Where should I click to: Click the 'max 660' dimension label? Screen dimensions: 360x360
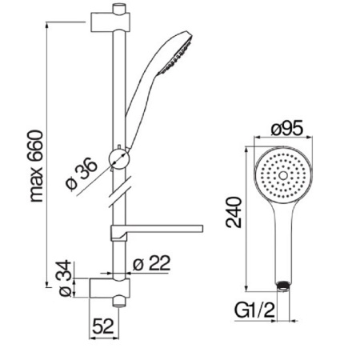[35, 166]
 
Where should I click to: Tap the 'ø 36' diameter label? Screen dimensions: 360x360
[82, 174]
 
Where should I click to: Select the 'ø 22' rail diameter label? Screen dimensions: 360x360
[151, 263]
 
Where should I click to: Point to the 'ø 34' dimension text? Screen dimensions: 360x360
[65, 278]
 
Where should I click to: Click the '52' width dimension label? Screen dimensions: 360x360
[103, 326]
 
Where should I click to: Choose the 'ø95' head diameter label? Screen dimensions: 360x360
[287, 128]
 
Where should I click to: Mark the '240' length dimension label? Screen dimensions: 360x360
[234, 212]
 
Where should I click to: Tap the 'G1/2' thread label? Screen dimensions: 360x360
[254, 310]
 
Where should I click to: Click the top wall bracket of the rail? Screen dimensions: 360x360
[110, 22]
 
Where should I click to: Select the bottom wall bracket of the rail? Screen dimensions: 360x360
[110, 288]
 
